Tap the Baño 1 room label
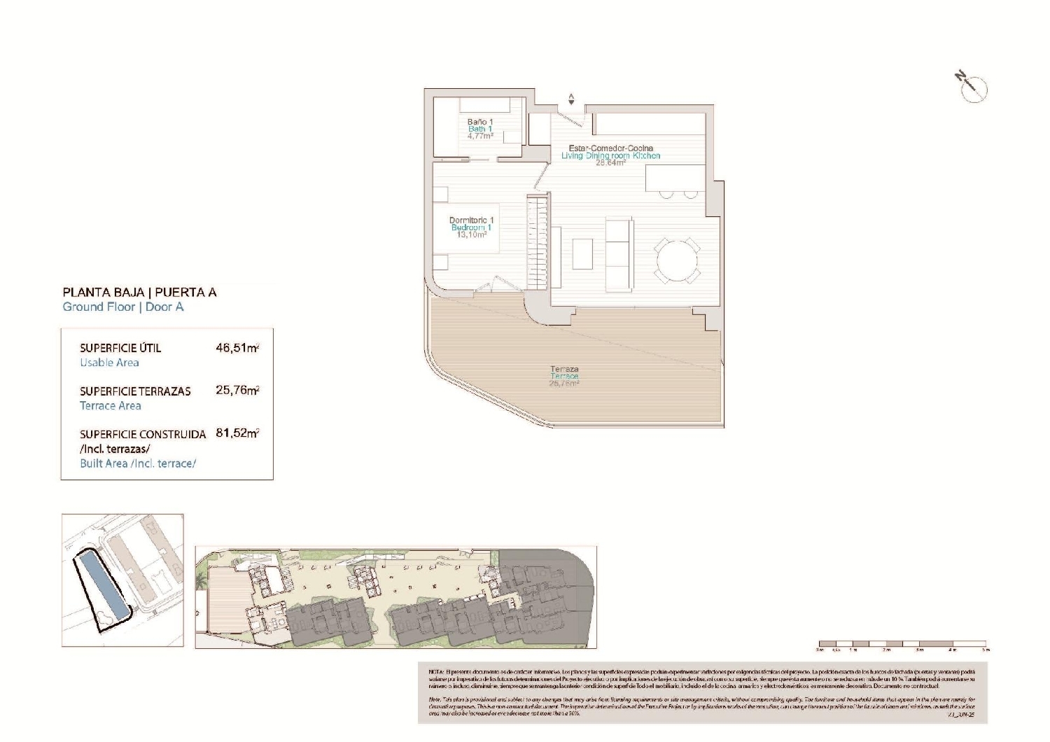tap(480, 122)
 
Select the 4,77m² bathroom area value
tap(480, 136)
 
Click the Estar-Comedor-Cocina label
tap(610, 148)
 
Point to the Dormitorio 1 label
tap(471, 220)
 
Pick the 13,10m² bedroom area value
tap(471, 235)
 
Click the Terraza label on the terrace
tap(564, 369)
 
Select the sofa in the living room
tap(619, 253)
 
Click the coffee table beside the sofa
tap(582, 254)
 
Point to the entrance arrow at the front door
tap(571, 99)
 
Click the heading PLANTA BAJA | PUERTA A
tap(139, 293)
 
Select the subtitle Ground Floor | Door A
tap(123, 307)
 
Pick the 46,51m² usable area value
tap(237, 348)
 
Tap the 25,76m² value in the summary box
tap(237, 391)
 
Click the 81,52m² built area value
tap(237, 433)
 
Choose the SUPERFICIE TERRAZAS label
tap(135, 391)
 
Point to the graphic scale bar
tap(902, 643)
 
